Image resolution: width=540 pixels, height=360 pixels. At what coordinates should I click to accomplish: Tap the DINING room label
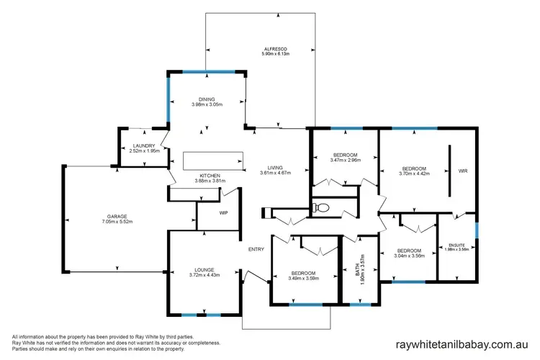pyautogui.click(x=207, y=99)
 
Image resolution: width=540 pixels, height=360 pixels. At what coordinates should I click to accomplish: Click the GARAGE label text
pyautogui.click(x=117, y=216)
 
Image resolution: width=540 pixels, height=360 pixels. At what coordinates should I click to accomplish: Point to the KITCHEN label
pyautogui.click(x=210, y=175)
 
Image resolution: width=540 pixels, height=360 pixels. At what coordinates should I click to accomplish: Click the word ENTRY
pyautogui.click(x=256, y=249)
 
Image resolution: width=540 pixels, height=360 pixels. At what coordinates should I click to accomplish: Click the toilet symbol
pyautogui.click(x=323, y=209)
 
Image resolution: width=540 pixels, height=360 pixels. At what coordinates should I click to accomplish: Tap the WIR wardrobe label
pyautogui.click(x=462, y=171)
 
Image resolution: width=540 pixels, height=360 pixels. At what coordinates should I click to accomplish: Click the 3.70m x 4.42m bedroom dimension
pyautogui.click(x=414, y=172)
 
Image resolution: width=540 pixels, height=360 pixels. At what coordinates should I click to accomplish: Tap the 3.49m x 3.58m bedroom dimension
pyautogui.click(x=303, y=278)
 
